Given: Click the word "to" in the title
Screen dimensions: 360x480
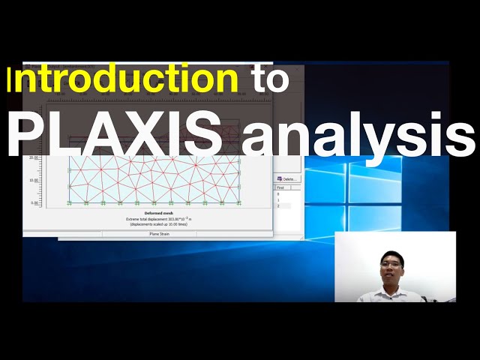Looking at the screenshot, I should (x=268, y=79).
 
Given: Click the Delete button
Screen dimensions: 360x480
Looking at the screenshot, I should (x=288, y=179).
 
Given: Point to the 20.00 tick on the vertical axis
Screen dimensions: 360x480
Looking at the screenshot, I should (x=33, y=158).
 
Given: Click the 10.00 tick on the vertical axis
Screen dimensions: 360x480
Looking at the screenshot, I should (x=33, y=180).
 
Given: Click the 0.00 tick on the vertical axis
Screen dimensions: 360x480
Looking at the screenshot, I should (x=34, y=202).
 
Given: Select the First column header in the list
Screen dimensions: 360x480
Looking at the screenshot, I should (x=280, y=187).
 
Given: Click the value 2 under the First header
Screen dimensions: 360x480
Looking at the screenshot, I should (x=278, y=205).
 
